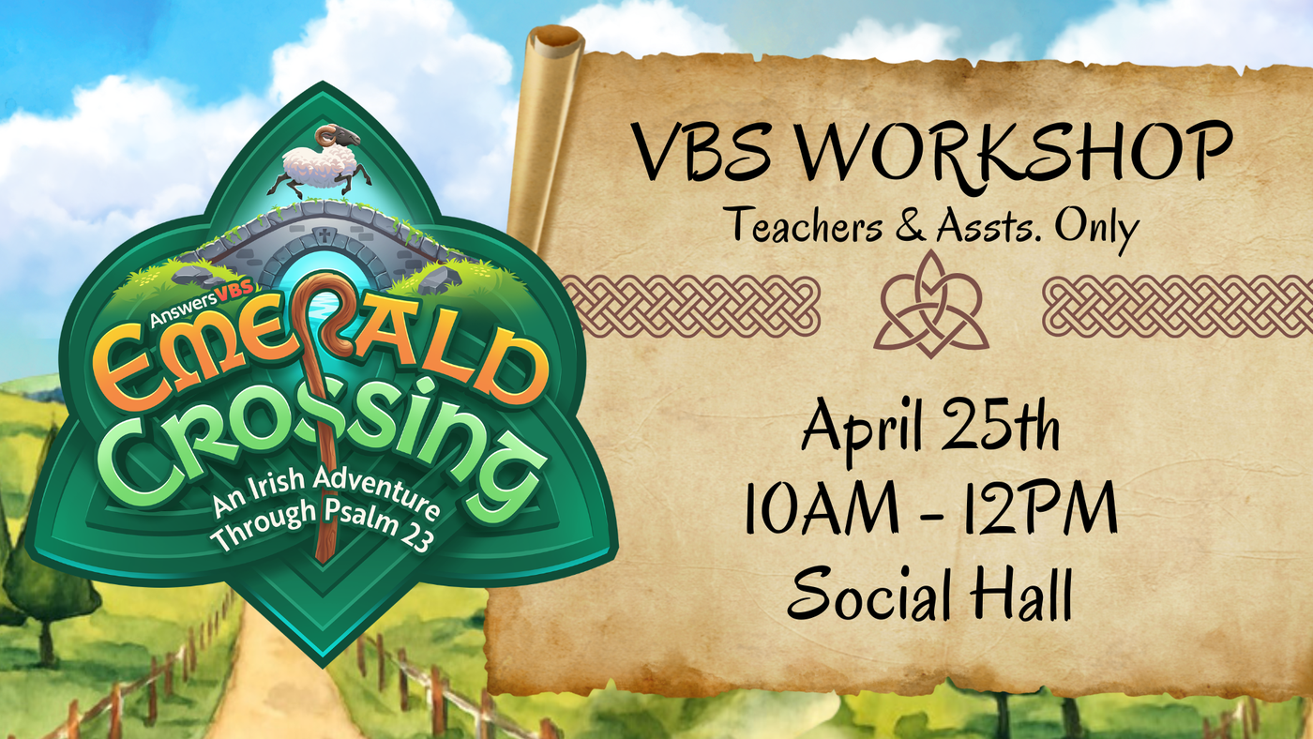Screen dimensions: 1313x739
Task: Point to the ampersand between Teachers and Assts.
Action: pyautogui.click(x=911, y=225)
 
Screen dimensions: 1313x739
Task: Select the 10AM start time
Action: pyautogui.click(x=821, y=507)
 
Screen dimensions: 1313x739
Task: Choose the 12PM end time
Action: pyautogui.click(x=1040, y=507)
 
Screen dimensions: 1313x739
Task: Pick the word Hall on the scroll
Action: pyautogui.click(x=1021, y=592)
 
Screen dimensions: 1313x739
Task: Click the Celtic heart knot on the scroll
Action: pyautogui.click(x=930, y=305)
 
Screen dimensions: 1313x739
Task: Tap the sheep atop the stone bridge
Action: pyautogui.click(x=320, y=161)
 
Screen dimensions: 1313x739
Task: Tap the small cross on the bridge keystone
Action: pyautogui.click(x=324, y=236)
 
